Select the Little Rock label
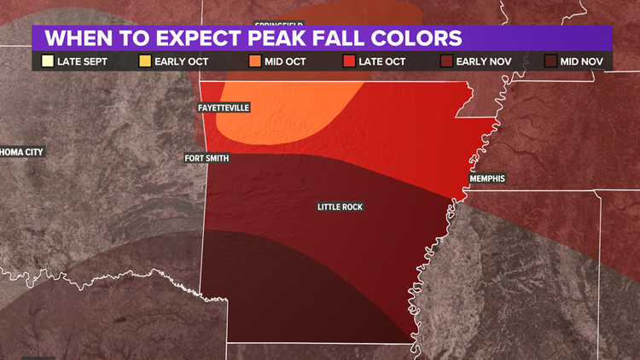340,206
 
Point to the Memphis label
487,178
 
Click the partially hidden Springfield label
279,26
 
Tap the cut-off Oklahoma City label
21,152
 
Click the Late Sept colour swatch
48,61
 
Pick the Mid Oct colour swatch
255,61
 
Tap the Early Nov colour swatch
448,61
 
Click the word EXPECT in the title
192,38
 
